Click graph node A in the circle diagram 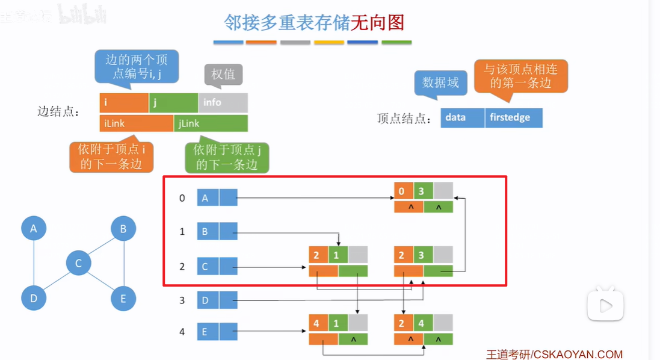click(x=34, y=229)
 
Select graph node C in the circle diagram click(x=78, y=263)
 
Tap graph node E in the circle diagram click(x=123, y=299)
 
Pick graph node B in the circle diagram click(x=123, y=229)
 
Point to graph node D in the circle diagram click(x=34, y=299)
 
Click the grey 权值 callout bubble click(x=223, y=75)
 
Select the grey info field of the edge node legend click(x=223, y=103)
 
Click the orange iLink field click(x=137, y=123)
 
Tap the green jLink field click(x=211, y=123)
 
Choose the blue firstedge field click(x=513, y=118)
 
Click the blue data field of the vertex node click(x=462, y=118)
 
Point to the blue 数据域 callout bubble click(x=440, y=82)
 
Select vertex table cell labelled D click(x=207, y=300)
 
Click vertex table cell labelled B click(x=207, y=231)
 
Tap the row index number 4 click(x=182, y=331)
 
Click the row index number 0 click(x=182, y=197)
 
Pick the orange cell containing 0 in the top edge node click(x=403, y=191)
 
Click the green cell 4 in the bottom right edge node click(x=421, y=323)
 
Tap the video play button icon click(x=605, y=306)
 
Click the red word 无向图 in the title click(x=377, y=23)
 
